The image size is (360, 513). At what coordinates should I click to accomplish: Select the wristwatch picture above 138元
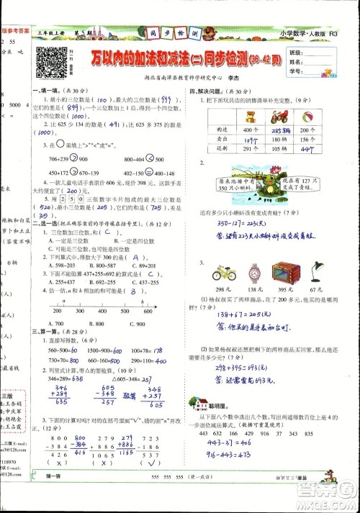pyautogui.click(x=255, y=273)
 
